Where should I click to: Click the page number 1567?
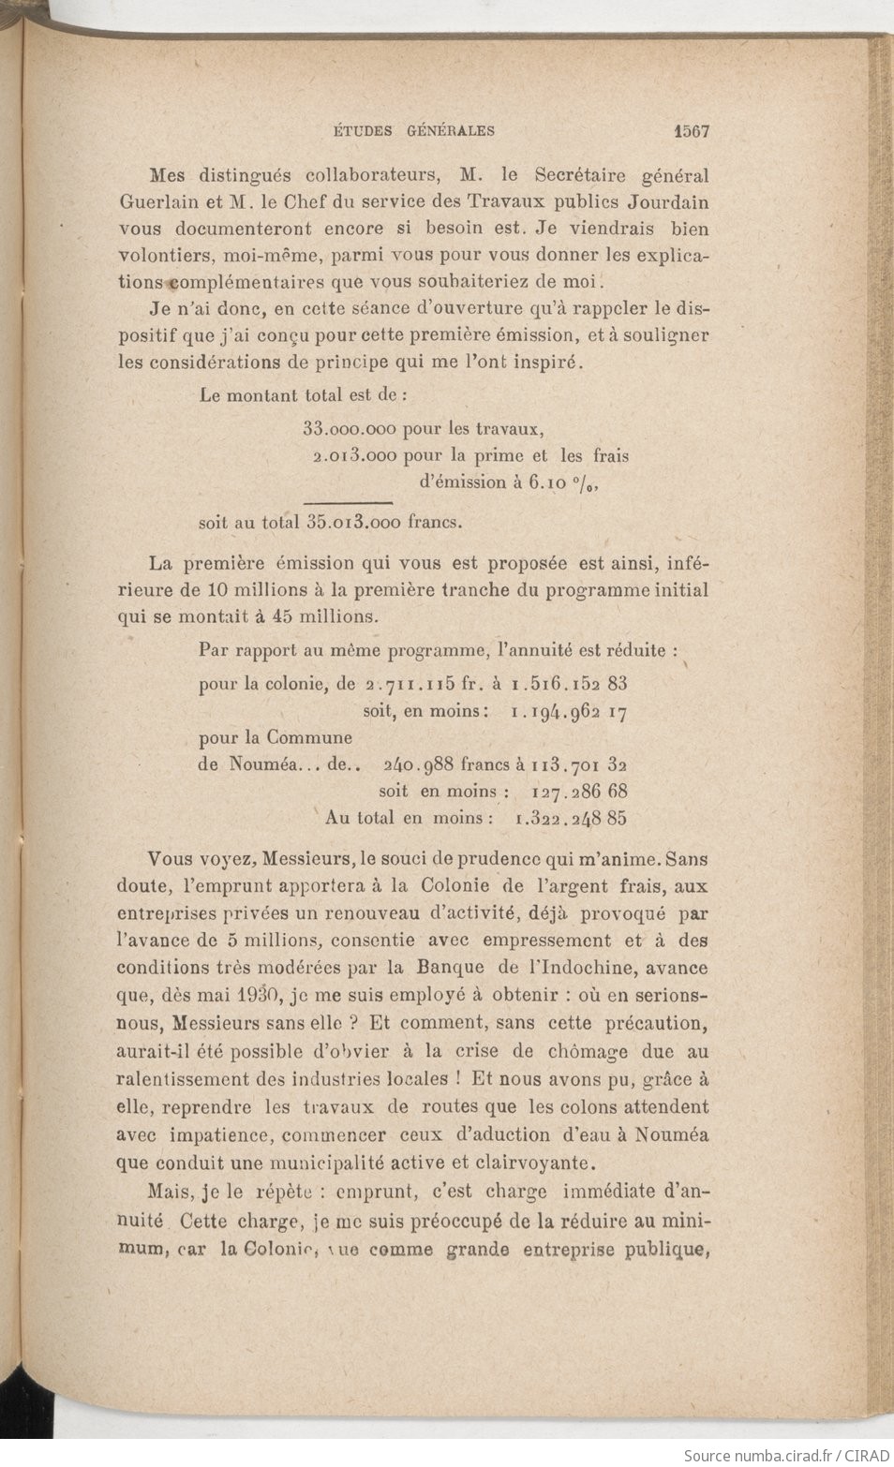[x=691, y=131]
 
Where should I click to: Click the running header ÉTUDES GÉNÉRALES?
[x=414, y=131]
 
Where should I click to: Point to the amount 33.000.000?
[x=350, y=430]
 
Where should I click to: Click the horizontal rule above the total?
[x=349, y=503]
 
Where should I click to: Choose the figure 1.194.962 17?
[x=569, y=712]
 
